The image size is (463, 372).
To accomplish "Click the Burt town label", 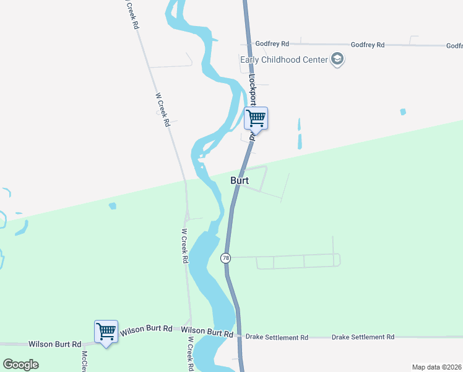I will point(240,180).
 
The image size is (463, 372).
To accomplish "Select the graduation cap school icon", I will point(337,60).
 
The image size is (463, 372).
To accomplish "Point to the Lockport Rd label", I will point(252,93).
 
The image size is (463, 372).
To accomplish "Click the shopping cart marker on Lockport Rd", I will point(256,117).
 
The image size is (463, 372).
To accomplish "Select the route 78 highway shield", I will point(226,257).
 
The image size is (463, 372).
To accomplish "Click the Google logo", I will point(21,365).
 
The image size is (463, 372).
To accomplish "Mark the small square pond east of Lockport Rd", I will point(403,112).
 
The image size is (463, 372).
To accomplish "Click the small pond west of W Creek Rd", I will point(112,205).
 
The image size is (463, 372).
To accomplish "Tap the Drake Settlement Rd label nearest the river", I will point(277,337).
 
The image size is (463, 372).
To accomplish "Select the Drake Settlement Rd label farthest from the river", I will point(363,337).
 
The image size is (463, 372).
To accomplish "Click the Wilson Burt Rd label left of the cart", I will point(55,344).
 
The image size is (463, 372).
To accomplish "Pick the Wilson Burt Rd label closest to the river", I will point(207,333).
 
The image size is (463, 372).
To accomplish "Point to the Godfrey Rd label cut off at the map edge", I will point(454,45).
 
